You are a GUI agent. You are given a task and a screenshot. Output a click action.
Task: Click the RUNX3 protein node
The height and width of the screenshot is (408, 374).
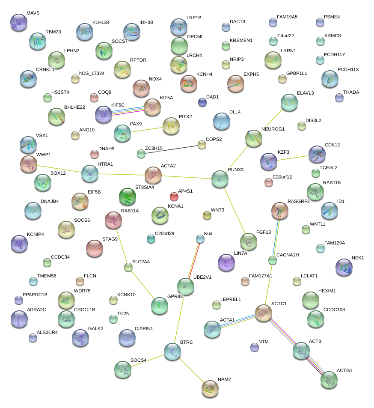coord(220,179)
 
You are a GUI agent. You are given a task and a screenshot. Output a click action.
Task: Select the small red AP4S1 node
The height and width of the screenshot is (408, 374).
coord(174,197)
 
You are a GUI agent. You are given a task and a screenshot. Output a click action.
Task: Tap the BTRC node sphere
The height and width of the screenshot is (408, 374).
coord(172,351)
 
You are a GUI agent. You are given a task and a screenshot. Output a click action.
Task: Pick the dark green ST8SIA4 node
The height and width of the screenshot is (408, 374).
coord(127,197)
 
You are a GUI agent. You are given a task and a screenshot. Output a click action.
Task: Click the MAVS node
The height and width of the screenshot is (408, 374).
coord(18,22)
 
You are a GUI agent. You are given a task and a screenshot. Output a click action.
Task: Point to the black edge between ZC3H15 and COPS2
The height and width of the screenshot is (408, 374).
coord(171,149)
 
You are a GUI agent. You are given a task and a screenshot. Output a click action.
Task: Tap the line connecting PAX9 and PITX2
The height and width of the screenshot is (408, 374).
coord(145,130)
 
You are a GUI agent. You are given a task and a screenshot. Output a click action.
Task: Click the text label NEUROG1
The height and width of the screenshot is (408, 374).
coord(273,129)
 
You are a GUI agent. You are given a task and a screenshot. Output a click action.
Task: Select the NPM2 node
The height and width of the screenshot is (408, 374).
coord(210,388)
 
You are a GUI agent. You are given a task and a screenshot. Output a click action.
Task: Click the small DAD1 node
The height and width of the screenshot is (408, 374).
coord(202,102)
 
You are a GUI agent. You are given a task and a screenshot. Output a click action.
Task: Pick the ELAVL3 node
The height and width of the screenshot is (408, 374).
coord(289,102)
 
